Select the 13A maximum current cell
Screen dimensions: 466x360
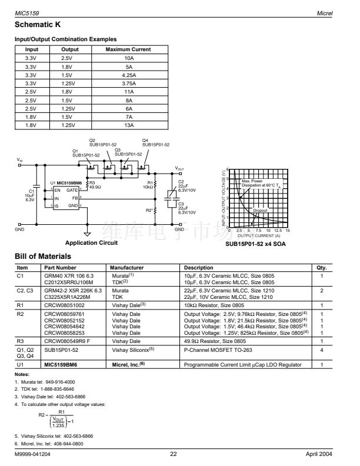pos(128,125)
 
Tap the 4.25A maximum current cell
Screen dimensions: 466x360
pos(128,75)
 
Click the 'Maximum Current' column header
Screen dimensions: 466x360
pos(128,49)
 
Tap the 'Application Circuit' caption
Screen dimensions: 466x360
pos(91,242)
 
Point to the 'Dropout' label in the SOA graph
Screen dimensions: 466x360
pos(260,210)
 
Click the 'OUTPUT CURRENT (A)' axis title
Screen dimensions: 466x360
pos(258,235)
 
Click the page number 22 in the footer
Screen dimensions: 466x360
pos(174,454)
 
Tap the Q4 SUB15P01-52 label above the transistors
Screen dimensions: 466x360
pos(155,142)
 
